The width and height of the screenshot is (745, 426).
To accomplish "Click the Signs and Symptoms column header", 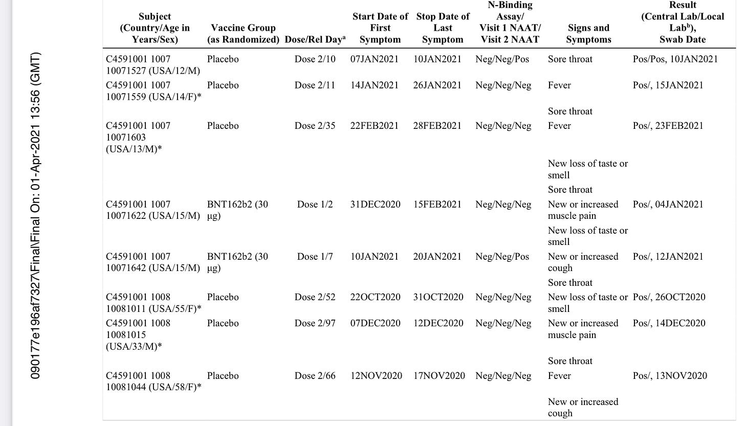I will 588,33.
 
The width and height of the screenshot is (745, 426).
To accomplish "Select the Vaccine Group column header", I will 243,33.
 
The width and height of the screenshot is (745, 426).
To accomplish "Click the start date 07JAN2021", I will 374,59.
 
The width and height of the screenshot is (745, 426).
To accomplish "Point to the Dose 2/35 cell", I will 315,126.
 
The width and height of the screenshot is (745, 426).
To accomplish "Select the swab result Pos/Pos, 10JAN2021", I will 675,59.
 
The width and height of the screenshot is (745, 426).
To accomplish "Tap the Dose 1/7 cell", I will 315,257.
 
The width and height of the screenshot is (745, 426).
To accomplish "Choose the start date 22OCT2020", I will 375,297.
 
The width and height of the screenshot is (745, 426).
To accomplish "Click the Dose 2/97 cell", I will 315,323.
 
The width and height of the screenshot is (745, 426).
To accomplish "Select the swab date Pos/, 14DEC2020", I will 669,323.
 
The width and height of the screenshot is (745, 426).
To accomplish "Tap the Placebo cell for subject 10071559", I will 223,85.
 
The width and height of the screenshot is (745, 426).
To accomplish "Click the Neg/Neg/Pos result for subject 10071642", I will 503,257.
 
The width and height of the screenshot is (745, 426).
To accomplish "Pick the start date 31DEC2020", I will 375,205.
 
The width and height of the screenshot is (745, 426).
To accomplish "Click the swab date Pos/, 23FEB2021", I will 668,126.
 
